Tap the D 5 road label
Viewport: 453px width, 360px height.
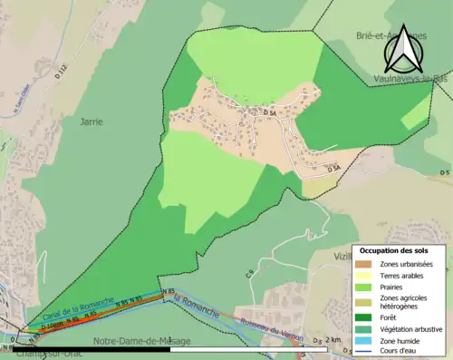pos(444,171)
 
